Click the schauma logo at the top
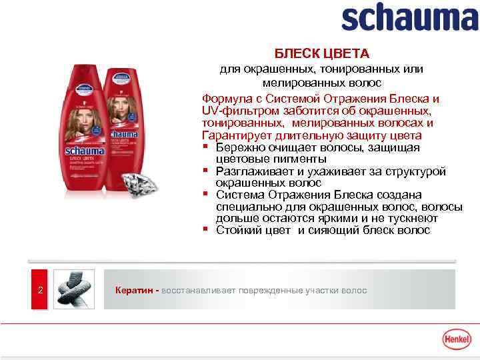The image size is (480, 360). [x=409, y=18]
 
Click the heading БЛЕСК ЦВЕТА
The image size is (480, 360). [x=322, y=53]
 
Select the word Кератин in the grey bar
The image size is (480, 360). [x=135, y=291]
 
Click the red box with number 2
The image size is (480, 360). [x=40, y=290]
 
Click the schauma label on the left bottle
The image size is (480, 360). [x=85, y=151]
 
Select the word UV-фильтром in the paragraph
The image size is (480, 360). [x=235, y=111]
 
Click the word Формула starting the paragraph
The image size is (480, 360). [x=225, y=99]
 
